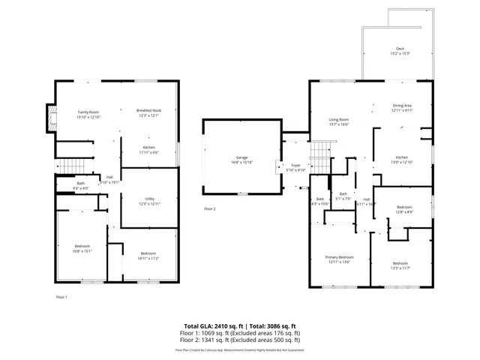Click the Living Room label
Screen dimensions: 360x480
(x=339, y=121)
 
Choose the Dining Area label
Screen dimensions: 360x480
(x=402, y=107)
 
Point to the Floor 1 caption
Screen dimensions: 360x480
(x=62, y=297)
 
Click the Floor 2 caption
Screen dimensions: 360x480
(x=209, y=208)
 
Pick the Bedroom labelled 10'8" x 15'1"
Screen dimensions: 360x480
(x=82, y=249)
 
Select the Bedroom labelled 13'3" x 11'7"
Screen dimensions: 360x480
(x=400, y=265)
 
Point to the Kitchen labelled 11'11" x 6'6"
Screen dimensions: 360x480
(x=148, y=149)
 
